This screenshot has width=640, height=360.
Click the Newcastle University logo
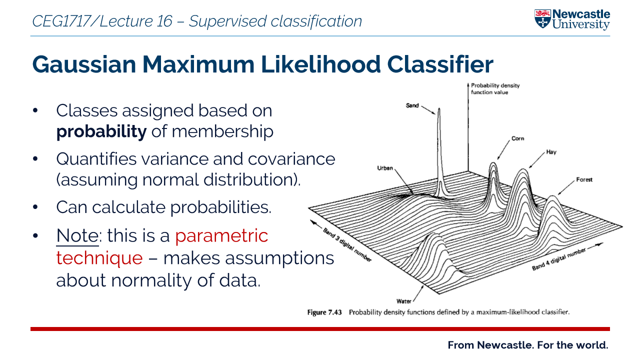(572, 19)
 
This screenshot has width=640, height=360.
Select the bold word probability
(101, 131)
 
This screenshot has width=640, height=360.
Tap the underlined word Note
(77, 235)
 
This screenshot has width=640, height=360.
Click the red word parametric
(221, 235)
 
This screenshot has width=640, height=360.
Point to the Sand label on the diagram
(412, 105)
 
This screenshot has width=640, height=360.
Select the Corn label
(517, 138)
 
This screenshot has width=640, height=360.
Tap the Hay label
(551, 152)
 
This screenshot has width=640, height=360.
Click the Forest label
(584, 179)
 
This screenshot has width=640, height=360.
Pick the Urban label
(385, 168)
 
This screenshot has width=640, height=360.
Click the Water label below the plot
(403, 301)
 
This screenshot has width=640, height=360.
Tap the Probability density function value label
(495, 88)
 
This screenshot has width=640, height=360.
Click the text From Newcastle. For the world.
(527, 345)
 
